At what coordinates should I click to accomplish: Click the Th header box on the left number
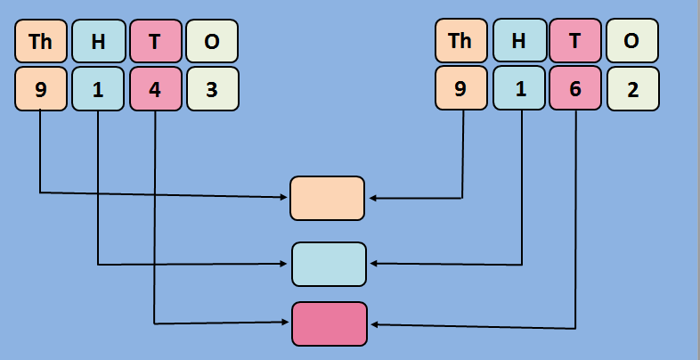coord(41,41)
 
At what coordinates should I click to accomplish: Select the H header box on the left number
coord(98,41)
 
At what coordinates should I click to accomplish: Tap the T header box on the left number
coord(155,41)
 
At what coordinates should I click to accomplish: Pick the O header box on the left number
coord(212,41)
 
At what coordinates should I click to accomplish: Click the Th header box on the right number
coord(461,41)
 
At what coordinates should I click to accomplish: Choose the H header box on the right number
coord(518,41)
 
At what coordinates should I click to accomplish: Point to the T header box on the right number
coord(575,41)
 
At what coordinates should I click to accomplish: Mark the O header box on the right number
coord(632,41)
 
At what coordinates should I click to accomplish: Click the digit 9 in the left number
coord(41,89)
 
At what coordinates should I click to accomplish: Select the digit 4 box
coord(155,89)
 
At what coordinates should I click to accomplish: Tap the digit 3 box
coord(212,89)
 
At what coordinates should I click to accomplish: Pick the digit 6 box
coord(575,89)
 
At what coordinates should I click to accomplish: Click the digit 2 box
coord(632,89)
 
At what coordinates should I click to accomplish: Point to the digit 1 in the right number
coord(518,89)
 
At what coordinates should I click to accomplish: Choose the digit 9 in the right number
coord(461,89)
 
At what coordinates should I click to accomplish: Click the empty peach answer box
coord(328,198)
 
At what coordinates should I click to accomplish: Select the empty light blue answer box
coord(329,264)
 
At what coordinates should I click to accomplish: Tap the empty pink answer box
coord(330,323)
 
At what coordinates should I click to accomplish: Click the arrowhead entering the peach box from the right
coord(372,198)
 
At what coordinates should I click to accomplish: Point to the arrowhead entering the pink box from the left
coord(287,323)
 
